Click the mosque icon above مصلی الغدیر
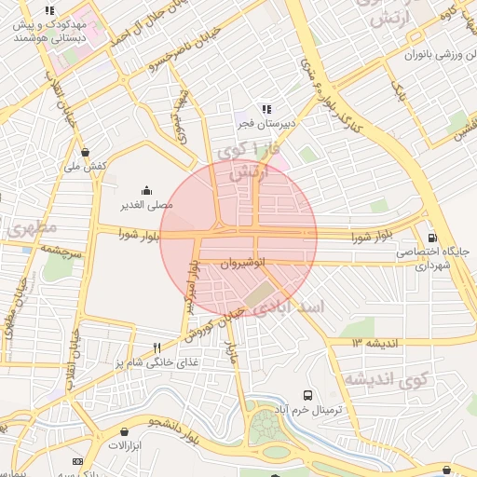pyautogui.click(x=145, y=189)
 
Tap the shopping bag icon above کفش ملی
pyautogui.click(x=86, y=152)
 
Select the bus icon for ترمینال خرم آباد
pyautogui.click(x=308, y=394)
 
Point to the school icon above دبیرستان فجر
pyautogui.click(x=266, y=108)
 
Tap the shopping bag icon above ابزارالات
pyautogui.click(x=124, y=431)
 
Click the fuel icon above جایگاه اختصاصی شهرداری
pyautogui.click(x=430, y=238)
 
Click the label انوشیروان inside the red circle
pyautogui.click(x=244, y=264)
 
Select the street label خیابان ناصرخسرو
pyautogui.click(x=173, y=55)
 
